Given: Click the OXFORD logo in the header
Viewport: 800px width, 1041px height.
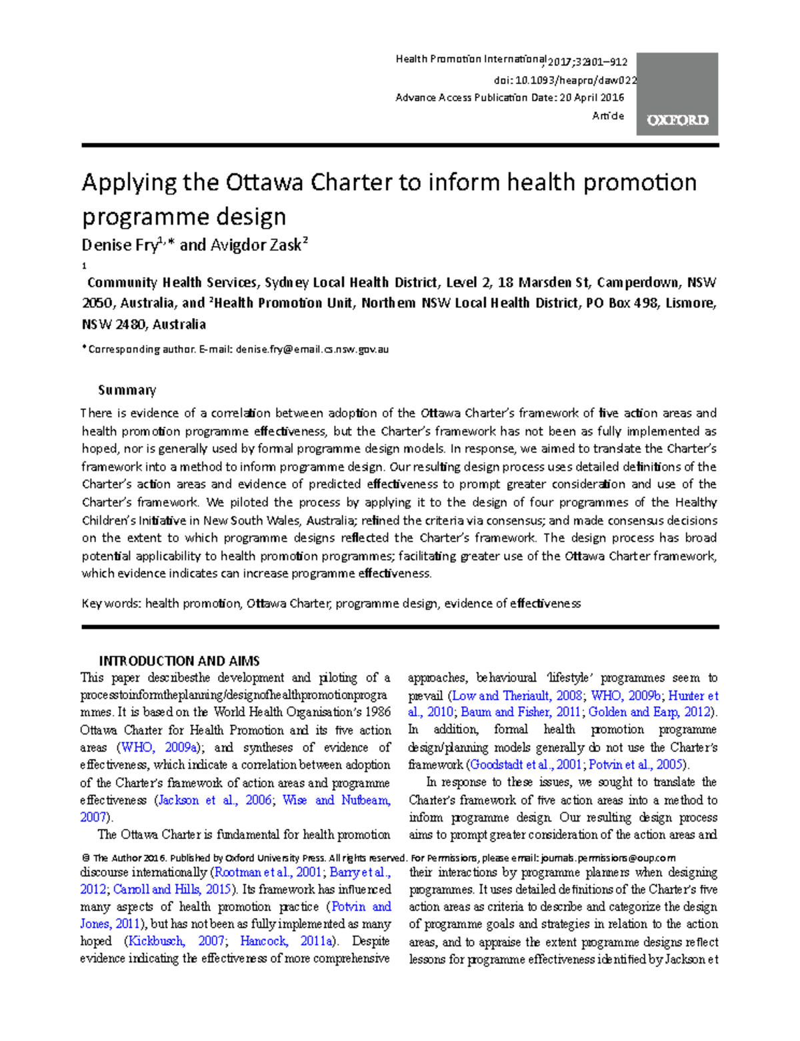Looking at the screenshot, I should point(677,120).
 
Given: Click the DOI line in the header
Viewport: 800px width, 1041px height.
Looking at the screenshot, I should point(565,80).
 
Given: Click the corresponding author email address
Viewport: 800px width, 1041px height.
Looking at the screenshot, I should point(312,349).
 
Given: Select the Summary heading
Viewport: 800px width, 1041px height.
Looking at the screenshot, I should point(127,389).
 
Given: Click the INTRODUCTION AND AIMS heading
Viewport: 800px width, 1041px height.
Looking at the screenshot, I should point(179,661).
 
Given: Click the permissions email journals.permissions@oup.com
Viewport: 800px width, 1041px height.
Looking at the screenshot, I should point(608,858).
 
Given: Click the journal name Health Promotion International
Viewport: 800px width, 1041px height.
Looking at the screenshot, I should point(471,59).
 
